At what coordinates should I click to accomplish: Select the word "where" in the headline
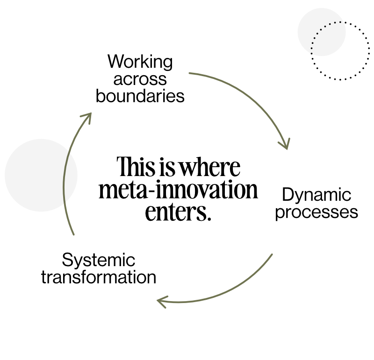(x=210, y=167)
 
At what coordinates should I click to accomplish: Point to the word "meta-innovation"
(x=178, y=191)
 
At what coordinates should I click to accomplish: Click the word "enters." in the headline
(x=176, y=212)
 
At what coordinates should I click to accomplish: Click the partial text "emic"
(x=118, y=261)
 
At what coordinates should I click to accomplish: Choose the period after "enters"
(x=204, y=219)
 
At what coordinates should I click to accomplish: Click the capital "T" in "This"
(x=122, y=167)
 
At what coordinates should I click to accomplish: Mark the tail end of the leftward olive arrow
(x=272, y=255)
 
